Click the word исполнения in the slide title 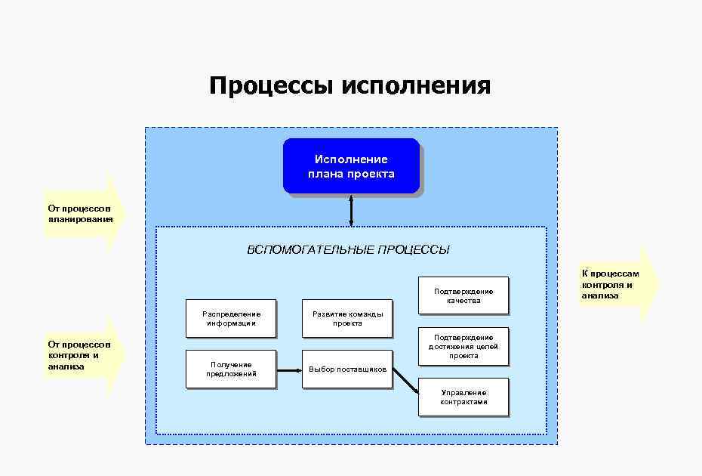tap(416, 85)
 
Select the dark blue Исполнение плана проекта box tap(351, 166)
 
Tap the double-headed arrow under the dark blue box tap(351, 211)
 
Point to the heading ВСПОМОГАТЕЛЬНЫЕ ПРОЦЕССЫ tap(348, 250)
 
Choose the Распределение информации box tap(231, 318)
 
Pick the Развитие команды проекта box tap(347, 318)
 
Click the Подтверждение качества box tap(463, 295)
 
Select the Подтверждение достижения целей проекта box tap(463, 346)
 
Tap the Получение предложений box tap(231, 369)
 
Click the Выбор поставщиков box tap(347, 369)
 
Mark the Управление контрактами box tap(463, 397)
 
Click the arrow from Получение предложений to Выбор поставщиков tap(289, 369)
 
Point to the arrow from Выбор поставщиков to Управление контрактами tap(405, 380)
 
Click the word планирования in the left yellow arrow tap(80, 219)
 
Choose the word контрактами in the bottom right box tap(463, 402)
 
